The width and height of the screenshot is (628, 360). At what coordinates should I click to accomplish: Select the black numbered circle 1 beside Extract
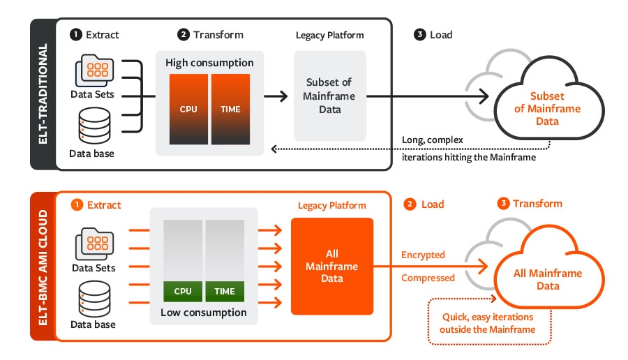point(75,34)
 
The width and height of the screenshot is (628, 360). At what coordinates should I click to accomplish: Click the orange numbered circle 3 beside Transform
point(502,204)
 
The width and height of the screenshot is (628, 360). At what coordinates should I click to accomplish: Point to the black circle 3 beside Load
point(420,34)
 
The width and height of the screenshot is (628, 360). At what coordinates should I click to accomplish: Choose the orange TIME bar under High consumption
point(230,109)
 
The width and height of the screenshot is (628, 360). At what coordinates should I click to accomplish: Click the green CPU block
point(182,291)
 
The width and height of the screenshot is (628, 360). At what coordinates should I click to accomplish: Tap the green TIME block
point(225,291)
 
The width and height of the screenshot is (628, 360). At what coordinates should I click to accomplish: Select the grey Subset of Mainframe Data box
point(329,96)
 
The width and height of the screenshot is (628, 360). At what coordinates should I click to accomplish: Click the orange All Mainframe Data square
point(332,266)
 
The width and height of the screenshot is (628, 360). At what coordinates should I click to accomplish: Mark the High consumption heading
point(209,63)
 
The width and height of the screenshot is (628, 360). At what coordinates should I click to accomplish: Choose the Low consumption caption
point(204,313)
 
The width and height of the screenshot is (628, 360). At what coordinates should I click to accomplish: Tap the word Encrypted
point(423,255)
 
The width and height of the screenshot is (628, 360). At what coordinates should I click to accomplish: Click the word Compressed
point(428,278)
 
